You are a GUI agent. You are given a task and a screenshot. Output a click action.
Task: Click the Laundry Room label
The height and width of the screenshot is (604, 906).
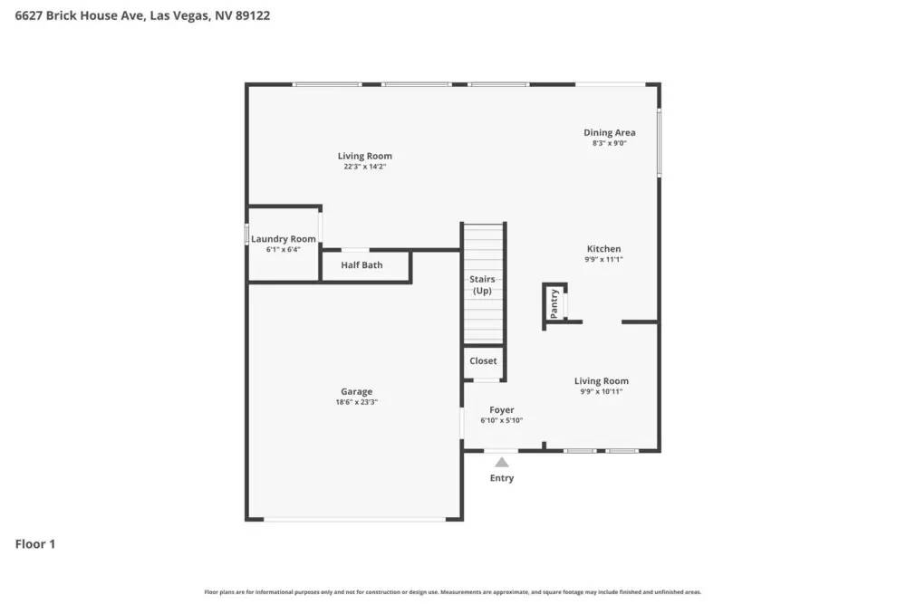284,239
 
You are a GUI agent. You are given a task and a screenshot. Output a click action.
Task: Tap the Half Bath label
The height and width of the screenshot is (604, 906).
361,265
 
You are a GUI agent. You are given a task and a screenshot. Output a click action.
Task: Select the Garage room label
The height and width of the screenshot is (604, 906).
356,392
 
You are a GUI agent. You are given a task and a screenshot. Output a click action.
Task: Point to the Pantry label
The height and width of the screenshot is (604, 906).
554,303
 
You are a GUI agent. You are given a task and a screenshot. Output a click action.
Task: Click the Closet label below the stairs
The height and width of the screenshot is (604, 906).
483,360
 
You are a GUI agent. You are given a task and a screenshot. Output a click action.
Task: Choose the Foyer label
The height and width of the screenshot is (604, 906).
502,410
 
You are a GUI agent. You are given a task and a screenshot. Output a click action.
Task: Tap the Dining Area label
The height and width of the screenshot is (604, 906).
609,132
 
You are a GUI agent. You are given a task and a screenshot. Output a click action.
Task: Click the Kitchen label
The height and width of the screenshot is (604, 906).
603,249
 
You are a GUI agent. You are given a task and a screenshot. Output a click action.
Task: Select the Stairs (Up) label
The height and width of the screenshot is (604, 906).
482,285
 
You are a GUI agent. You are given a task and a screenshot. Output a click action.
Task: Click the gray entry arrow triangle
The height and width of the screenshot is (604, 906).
502,462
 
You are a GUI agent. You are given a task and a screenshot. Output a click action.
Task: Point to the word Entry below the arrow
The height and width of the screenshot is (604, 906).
502,478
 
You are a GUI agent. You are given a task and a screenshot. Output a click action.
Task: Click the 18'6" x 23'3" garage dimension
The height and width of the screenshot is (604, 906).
356,402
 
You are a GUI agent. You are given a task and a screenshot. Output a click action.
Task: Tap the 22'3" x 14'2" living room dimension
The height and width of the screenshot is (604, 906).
365,166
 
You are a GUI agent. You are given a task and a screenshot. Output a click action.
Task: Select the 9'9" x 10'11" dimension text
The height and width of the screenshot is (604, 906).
602,391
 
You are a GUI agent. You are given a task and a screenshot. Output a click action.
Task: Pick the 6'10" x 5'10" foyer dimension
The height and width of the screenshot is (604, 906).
502,420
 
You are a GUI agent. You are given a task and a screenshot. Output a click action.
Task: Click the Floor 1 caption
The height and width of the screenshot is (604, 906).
35,544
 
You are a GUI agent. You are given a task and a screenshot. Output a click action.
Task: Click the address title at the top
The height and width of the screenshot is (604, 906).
142,15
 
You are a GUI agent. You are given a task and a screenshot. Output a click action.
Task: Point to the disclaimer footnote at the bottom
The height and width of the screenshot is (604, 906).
453,592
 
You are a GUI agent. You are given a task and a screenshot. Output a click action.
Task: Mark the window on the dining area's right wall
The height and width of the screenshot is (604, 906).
659,143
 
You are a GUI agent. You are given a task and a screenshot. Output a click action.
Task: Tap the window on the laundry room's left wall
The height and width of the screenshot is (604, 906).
247,234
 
